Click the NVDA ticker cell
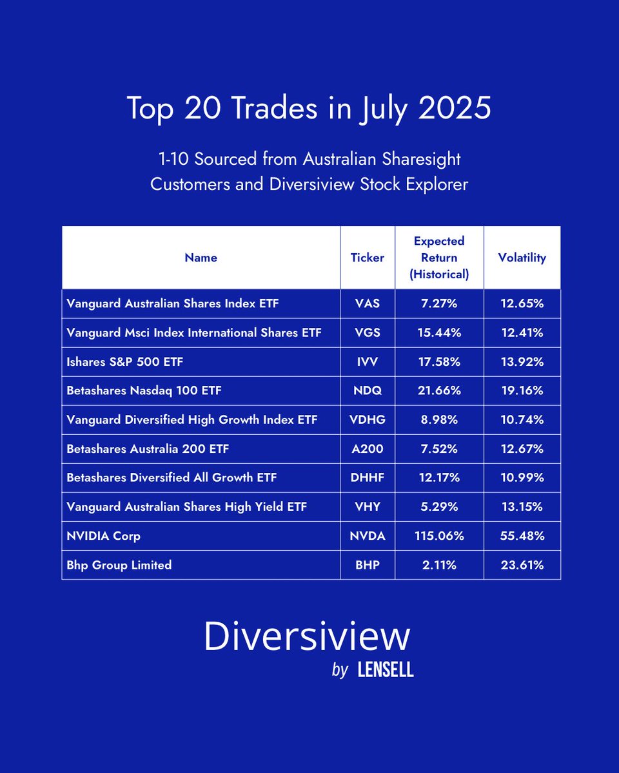pos(368,536)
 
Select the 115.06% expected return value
pos(439,536)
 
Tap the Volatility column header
pos(522,258)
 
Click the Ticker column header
pos(368,258)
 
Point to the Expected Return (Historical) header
pos(439,258)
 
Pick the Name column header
pos(201,258)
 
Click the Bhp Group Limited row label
pos(119,565)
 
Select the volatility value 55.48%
pos(522,536)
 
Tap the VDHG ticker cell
pos(368,420)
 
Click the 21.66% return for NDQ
pos(439,391)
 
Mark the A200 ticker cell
pos(368,449)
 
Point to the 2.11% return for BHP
pos(439,565)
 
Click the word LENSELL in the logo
pos(385,671)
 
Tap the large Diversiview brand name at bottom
pos(307,636)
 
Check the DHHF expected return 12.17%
pos(439,478)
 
